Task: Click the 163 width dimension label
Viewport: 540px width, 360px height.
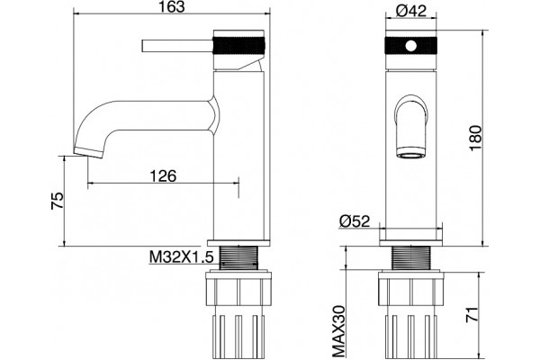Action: pyautogui.click(x=171, y=7)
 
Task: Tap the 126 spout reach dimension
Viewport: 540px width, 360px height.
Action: pyautogui.click(x=163, y=175)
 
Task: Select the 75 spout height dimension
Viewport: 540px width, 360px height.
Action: pyautogui.click(x=58, y=201)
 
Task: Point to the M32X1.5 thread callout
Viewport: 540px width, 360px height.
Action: pyautogui.click(x=182, y=256)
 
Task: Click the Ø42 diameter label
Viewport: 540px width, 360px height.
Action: pyautogui.click(x=411, y=10)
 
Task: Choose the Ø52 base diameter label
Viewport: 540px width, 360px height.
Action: pyautogui.click(x=355, y=221)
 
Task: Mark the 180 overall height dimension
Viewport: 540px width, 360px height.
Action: pyautogui.click(x=475, y=138)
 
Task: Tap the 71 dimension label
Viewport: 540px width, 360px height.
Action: pyautogui.click(x=472, y=314)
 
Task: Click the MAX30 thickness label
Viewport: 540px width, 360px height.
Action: pyautogui.click(x=339, y=331)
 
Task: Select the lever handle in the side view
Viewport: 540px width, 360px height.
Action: pyautogui.click(x=177, y=46)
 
